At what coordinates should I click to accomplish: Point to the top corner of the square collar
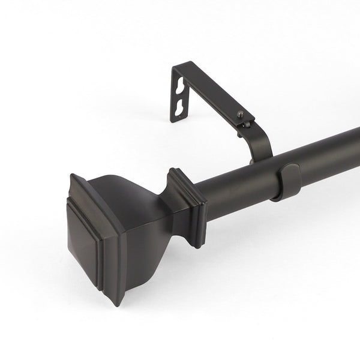[x=174, y=170]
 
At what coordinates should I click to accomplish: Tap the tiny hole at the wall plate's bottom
[x=178, y=118]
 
